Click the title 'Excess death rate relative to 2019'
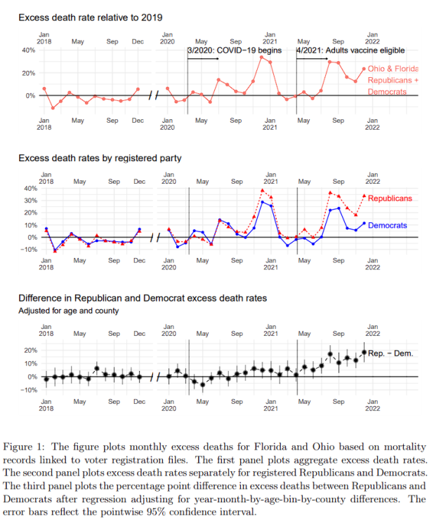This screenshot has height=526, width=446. click(91, 16)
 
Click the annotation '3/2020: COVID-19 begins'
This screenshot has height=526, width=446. click(235, 50)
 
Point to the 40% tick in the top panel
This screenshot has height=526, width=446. click(29, 50)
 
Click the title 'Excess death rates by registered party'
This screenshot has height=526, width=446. click(100, 159)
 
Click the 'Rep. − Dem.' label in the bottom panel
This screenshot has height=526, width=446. click(391, 353)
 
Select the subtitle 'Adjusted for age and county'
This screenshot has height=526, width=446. click(68, 310)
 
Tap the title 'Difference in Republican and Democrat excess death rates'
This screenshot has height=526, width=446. click(143, 298)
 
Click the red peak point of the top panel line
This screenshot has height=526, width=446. click(262, 57)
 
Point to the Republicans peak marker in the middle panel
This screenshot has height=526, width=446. click(262, 190)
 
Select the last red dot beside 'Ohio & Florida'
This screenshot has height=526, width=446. click(364, 69)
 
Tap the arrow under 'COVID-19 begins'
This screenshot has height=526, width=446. click(204, 59)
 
